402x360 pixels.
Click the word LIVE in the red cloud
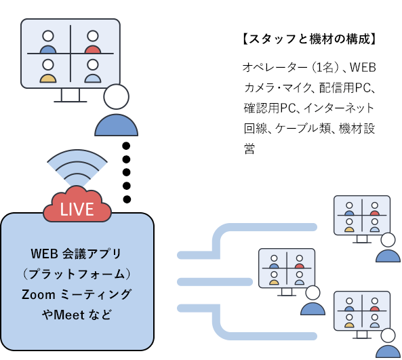(x=77, y=209)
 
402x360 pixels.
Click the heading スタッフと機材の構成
(x=309, y=39)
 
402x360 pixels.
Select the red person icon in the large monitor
(x=93, y=42)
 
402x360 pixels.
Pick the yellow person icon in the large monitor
(x=48, y=71)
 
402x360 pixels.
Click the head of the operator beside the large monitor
(x=116, y=97)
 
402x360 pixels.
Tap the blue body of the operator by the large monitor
(x=117, y=125)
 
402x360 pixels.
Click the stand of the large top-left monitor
(x=71, y=96)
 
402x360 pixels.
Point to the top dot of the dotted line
(x=126, y=146)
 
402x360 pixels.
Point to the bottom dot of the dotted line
(x=127, y=199)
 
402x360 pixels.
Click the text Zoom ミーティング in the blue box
(x=77, y=294)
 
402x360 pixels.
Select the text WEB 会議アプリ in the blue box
(x=76, y=254)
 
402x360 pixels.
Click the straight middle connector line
(x=215, y=282)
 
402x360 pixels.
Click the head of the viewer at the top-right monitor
(x=388, y=240)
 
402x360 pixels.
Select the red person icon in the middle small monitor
(x=299, y=262)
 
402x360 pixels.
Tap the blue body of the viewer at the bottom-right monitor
(x=388, y=351)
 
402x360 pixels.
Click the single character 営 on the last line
(x=249, y=148)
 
